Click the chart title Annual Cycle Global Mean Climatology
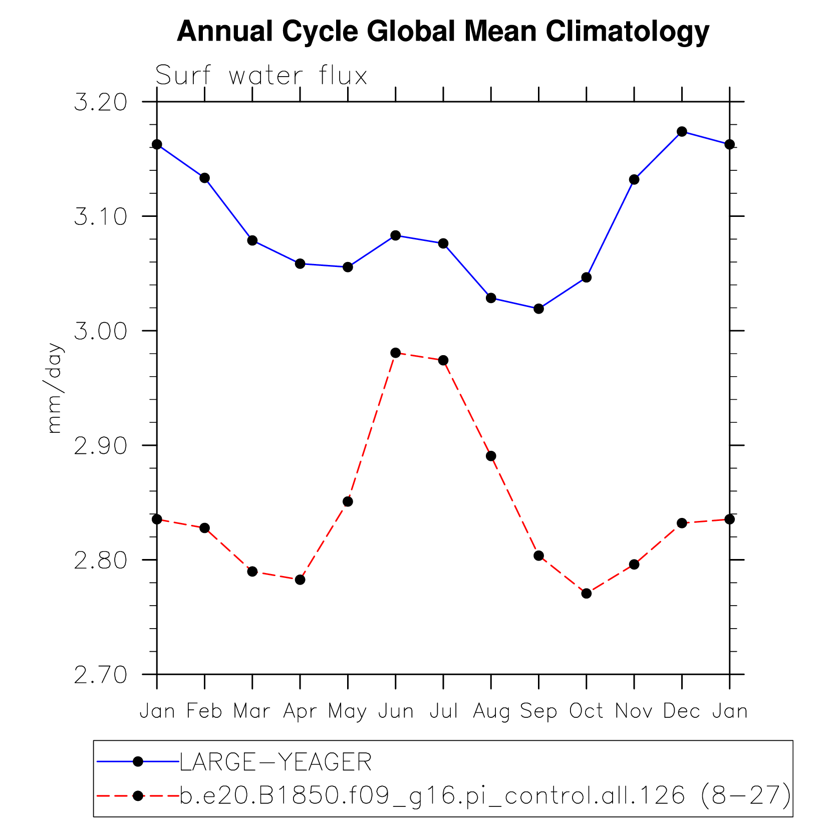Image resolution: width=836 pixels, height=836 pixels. pos(443,31)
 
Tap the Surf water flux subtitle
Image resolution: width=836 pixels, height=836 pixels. pos(261,76)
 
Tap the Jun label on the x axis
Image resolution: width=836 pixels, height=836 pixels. pos(396,711)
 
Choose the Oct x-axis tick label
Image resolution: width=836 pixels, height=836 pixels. pos(586,711)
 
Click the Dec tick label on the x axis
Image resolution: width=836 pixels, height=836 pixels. pos(681,711)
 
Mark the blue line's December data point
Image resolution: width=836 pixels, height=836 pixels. pos(682,132)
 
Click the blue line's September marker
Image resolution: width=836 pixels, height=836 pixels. pos(538,309)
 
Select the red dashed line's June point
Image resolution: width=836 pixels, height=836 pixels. pos(395,353)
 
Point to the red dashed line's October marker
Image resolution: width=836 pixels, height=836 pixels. pos(587,594)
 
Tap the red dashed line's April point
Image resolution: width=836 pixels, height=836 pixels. pos(300,580)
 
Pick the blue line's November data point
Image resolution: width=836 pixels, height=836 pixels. pos(634,179)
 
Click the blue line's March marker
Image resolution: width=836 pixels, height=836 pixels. pos(252,240)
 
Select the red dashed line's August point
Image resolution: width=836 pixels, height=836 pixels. pos(491,456)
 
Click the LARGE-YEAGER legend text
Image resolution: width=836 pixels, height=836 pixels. pos(275,762)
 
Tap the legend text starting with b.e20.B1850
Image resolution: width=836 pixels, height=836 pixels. pos(485,795)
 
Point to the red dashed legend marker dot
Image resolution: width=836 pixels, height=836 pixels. pos(138,795)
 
